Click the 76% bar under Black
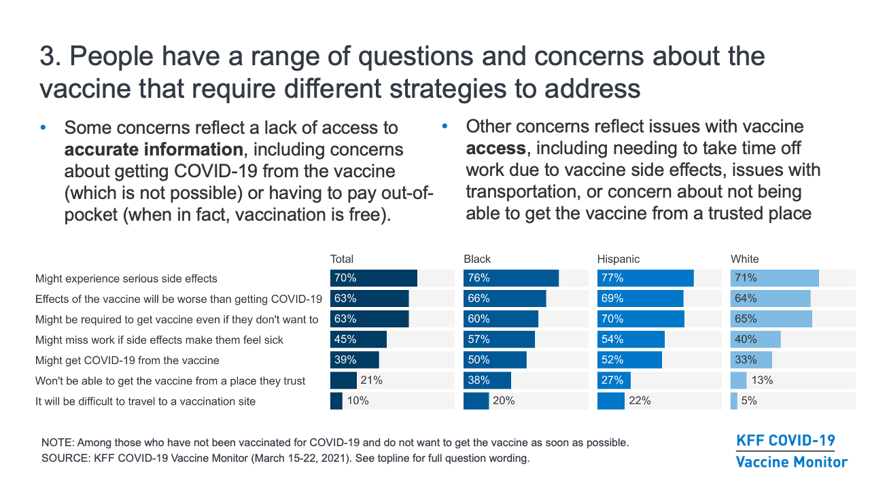click(x=510, y=278)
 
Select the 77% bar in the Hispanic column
click(x=645, y=278)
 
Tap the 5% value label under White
click(x=749, y=401)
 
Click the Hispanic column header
click(x=618, y=259)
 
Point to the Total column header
click(x=342, y=259)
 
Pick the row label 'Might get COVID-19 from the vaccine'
click(x=127, y=360)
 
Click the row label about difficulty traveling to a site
click(x=145, y=401)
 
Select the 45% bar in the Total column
click(x=358, y=339)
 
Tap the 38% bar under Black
click(x=487, y=380)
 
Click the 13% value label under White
click(x=762, y=380)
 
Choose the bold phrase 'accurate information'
click(x=154, y=149)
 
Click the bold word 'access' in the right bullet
click(x=496, y=148)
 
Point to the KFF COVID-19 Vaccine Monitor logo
click(x=792, y=452)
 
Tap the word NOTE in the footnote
click(x=58, y=442)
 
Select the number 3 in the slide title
click(x=48, y=56)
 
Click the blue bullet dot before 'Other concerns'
click(x=445, y=126)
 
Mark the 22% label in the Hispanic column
click(x=640, y=401)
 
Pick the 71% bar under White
click(x=774, y=278)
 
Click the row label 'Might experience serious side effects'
click(x=126, y=278)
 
